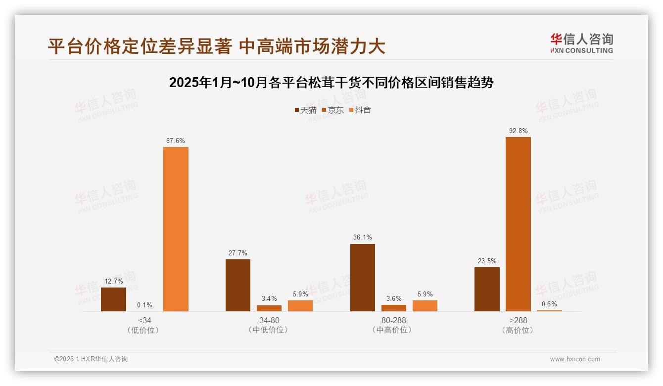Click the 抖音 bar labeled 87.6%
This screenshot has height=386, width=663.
pyautogui.click(x=176, y=229)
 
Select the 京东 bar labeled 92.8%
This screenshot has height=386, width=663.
pyautogui.click(x=518, y=224)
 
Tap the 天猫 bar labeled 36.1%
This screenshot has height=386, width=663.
pyautogui.click(x=363, y=277)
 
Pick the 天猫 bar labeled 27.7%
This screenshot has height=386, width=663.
pyautogui.click(x=238, y=285)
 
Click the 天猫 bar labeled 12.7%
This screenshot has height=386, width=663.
pyautogui.click(x=113, y=299)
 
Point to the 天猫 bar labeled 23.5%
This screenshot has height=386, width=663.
pyautogui.click(x=487, y=289)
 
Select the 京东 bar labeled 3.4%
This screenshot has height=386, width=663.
pyautogui.click(x=269, y=308)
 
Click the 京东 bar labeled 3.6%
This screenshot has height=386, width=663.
pyautogui.click(x=394, y=308)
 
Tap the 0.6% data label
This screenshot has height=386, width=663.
pyautogui.click(x=549, y=304)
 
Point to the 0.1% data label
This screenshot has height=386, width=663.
pyautogui.click(x=144, y=305)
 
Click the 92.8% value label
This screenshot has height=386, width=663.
pyautogui.click(x=518, y=131)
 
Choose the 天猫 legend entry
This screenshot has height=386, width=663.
pyautogui.click(x=305, y=110)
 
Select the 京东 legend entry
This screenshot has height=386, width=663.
pyautogui.click(x=333, y=110)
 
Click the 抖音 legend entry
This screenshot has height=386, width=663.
pyautogui.click(x=360, y=110)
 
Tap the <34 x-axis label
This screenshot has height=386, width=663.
pyautogui.click(x=144, y=320)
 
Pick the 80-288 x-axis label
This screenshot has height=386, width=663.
pyautogui.click(x=394, y=320)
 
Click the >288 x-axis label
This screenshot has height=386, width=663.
pyautogui.click(x=518, y=320)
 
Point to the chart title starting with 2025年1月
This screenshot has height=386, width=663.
pyautogui.click(x=331, y=83)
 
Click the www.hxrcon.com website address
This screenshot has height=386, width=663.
pyautogui.click(x=575, y=359)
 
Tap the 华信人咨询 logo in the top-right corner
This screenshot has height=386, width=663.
pyautogui.click(x=581, y=43)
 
